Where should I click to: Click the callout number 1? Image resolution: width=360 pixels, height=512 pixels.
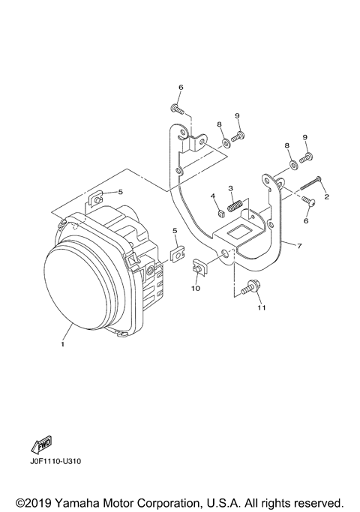tap(63, 344)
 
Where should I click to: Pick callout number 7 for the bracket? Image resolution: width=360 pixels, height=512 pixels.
tap(299, 246)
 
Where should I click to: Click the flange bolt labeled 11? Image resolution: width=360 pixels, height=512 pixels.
tap(249, 287)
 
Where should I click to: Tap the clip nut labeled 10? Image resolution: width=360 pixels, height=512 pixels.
tap(198, 266)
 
